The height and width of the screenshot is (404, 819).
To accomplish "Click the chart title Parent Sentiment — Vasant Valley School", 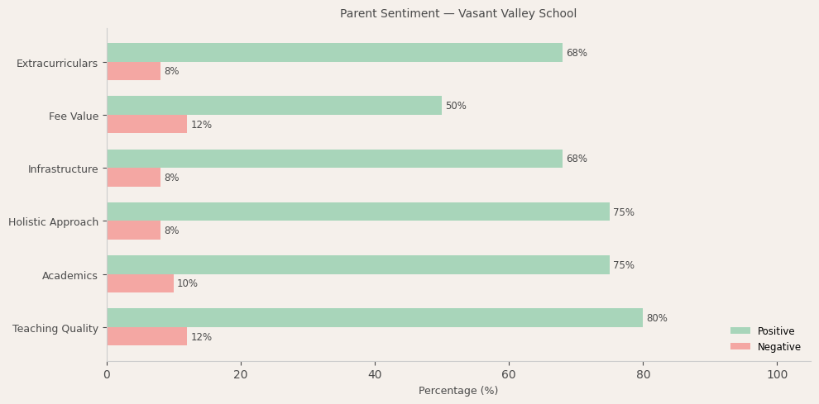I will pyautogui.click(x=457, y=14).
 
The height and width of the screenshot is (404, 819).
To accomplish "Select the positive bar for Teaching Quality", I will pyautogui.click(x=374, y=318).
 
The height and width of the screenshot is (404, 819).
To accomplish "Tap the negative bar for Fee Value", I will pyautogui.click(x=146, y=125).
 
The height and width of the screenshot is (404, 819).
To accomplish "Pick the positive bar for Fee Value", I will pyautogui.click(x=274, y=106).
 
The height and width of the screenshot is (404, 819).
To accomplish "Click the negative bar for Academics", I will pyautogui.click(x=140, y=283).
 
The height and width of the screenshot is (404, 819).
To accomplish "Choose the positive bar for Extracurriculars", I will pyautogui.click(x=334, y=53).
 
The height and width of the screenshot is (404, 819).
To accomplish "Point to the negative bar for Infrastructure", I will pyautogui.click(x=133, y=178).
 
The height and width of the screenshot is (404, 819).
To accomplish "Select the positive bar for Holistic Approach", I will pyautogui.click(x=357, y=212).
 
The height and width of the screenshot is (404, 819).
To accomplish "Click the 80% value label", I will pyautogui.click(x=657, y=318).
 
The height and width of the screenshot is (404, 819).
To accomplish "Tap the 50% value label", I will pyautogui.click(x=456, y=106).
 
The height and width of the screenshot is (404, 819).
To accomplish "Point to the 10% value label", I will pyautogui.click(x=187, y=283).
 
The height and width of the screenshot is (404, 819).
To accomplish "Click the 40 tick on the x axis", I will pyautogui.click(x=375, y=374).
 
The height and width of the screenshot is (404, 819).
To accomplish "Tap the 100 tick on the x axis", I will pyautogui.click(x=777, y=374).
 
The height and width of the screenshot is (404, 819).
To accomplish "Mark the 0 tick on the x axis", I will pyautogui.click(x=107, y=374).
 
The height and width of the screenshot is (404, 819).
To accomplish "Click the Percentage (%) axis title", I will pyautogui.click(x=458, y=391).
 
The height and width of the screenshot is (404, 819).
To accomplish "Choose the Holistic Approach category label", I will pyautogui.click(x=53, y=221).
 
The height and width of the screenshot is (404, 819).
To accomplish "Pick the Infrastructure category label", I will pyautogui.click(x=63, y=169).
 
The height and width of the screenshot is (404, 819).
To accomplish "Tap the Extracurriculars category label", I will pyautogui.click(x=57, y=63).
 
